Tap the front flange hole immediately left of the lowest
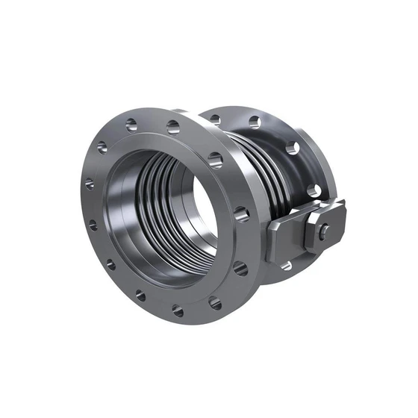point(141,295)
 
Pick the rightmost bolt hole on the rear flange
point(314,191)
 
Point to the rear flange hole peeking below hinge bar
point(287,265)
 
